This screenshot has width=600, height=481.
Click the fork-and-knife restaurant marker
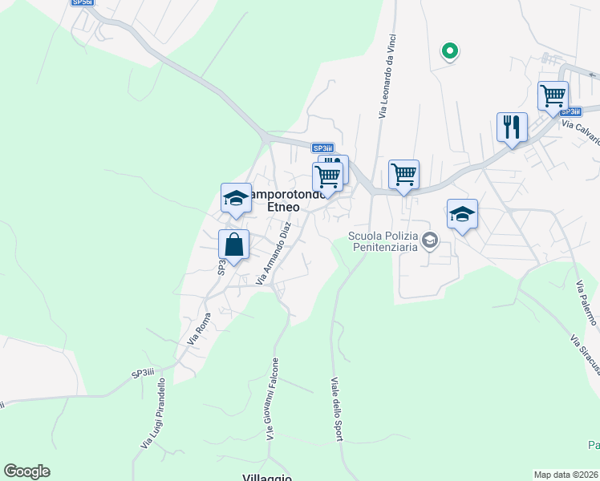click(512, 127)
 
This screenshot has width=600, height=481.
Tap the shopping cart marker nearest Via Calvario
click(553, 96)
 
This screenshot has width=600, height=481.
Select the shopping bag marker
click(233, 245)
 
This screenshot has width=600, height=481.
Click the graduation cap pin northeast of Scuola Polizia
click(462, 214)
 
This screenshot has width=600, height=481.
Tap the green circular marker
click(450, 51)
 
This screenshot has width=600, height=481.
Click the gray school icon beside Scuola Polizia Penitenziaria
click(431, 240)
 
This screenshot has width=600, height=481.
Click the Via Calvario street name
click(582, 131)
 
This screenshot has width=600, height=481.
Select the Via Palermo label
click(586, 302)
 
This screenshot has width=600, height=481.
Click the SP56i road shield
click(81, 2)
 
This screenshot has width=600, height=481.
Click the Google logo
click(26, 471)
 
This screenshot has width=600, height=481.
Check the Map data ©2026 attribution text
click(566, 475)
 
